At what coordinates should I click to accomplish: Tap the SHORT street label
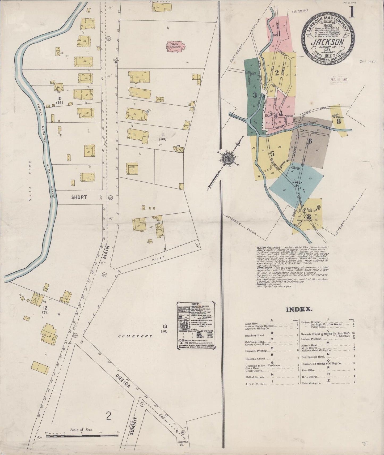tap(79, 197)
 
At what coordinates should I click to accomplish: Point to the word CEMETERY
tap(136, 336)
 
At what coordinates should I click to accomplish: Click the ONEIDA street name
tap(123, 377)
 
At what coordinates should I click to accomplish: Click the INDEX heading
tap(299, 309)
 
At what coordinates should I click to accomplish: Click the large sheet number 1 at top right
tap(352, 12)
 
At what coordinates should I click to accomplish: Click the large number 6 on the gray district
tap(310, 141)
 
